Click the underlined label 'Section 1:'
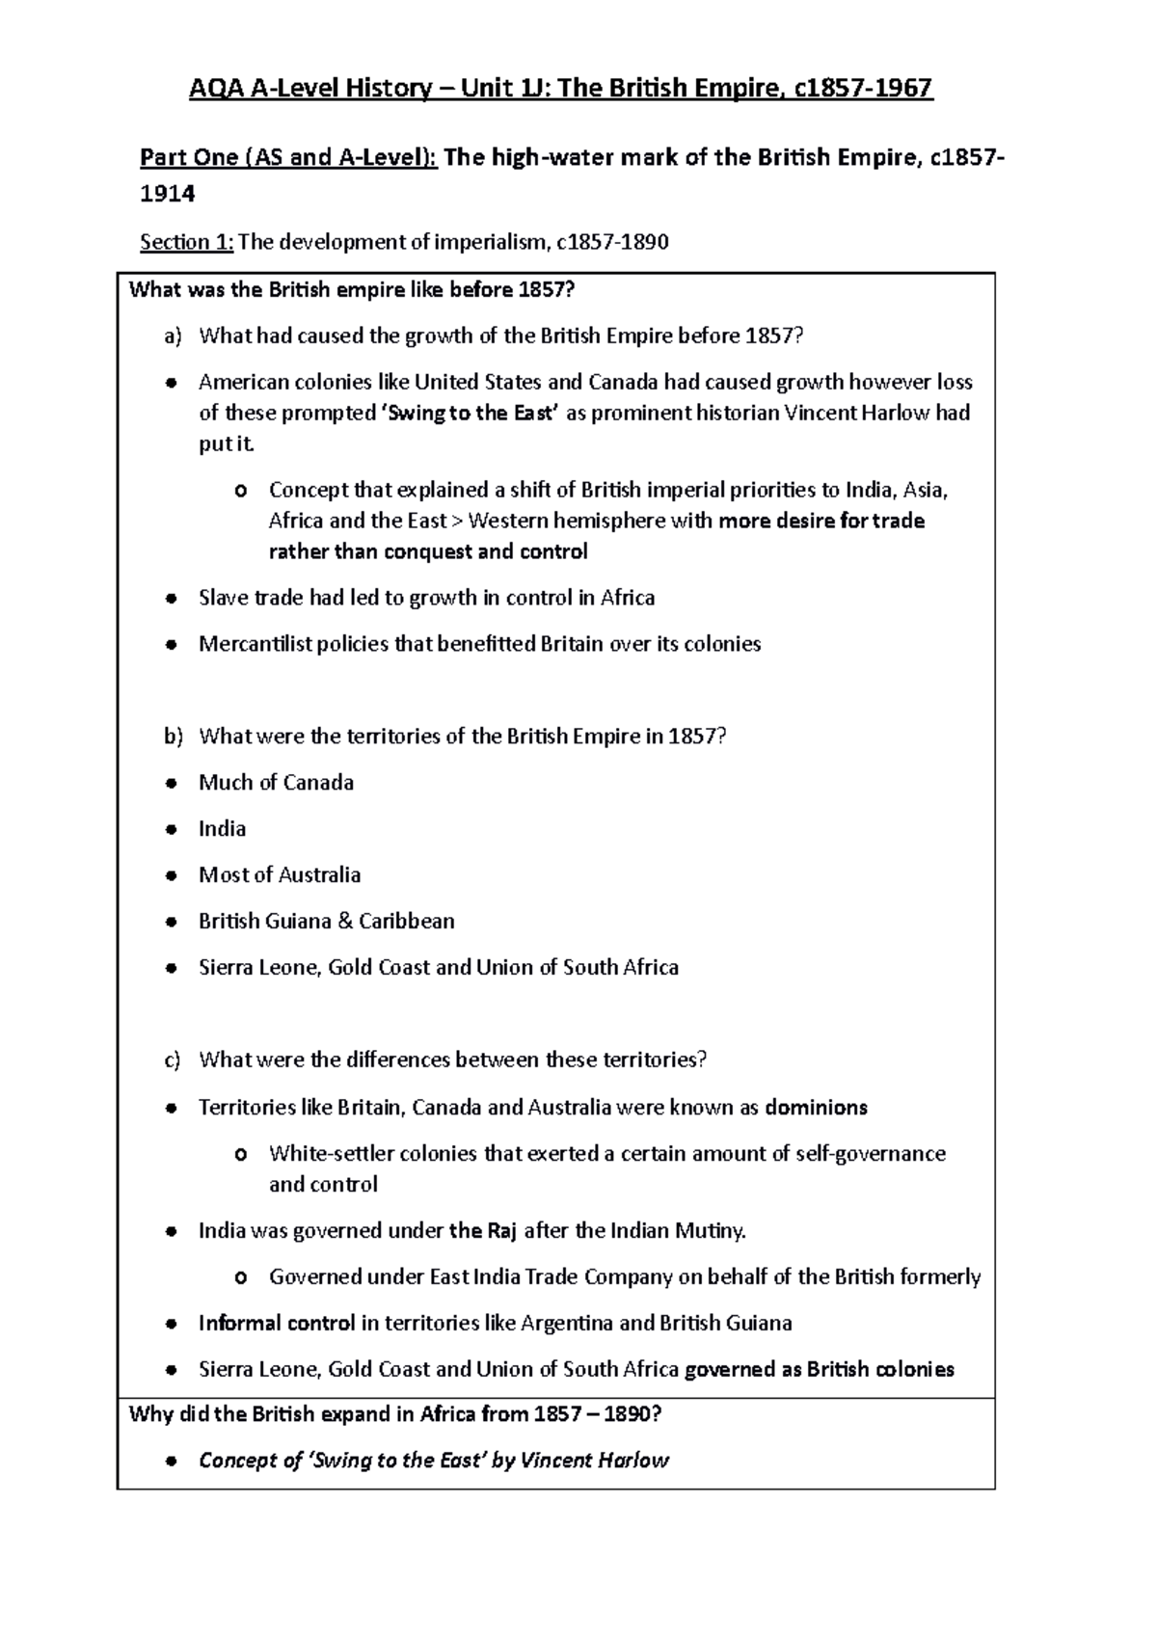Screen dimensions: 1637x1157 point(186,242)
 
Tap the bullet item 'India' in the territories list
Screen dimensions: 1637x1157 point(222,829)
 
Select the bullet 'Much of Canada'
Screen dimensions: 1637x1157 point(276,783)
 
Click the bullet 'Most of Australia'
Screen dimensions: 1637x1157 point(280,875)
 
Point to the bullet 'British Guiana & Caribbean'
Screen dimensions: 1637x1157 point(326,922)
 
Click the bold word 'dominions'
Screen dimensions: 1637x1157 point(816,1108)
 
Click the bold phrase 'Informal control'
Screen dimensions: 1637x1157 point(277,1324)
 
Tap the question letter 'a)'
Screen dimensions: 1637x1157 point(173,336)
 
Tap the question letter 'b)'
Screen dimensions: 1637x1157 point(173,738)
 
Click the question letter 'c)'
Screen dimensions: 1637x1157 point(173,1060)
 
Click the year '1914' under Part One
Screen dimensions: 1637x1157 point(167,194)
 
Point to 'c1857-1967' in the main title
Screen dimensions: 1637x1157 point(864,89)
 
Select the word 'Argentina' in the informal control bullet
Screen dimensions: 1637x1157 point(566,1324)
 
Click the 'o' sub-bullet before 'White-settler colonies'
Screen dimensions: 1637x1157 point(240,1155)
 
